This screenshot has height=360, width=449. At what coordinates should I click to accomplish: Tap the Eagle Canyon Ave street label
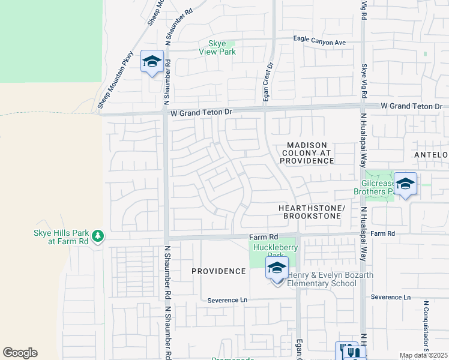320,41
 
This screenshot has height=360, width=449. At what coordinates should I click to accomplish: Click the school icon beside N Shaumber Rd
152,61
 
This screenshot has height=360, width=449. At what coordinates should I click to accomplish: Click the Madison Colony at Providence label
307,153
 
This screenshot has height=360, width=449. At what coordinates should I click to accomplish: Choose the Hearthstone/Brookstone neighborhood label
312,212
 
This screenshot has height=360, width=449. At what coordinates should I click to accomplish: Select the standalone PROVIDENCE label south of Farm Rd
218,271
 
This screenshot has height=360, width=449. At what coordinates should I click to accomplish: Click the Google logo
20,353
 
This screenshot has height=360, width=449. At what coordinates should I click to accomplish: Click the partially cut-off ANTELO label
431,155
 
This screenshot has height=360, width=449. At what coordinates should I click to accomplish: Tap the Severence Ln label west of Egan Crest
227,300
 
